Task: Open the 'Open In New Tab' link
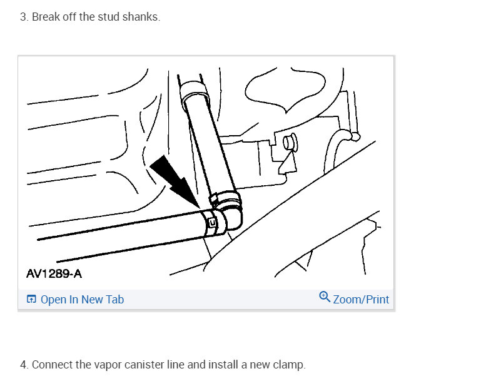(x=82, y=300)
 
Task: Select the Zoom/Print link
(x=361, y=300)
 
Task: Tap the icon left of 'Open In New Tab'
(x=31, y=300)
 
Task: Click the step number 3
(x=24, y=17)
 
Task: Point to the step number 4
(x=24, y=365)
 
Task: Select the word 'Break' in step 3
(x=45, y=17)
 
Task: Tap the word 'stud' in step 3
(x=106, y=17)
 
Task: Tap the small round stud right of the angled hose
(x=288, y=142)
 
